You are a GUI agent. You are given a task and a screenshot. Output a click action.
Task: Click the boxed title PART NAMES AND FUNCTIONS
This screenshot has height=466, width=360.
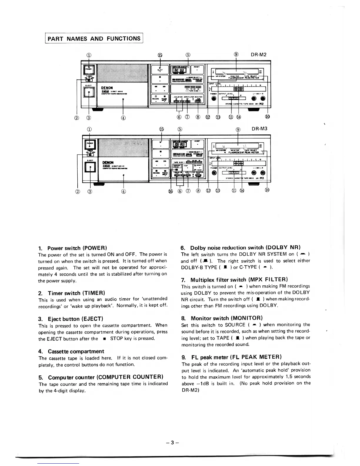point(94,39)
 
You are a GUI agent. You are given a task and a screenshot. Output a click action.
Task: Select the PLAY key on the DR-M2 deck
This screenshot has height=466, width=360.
point(160,70)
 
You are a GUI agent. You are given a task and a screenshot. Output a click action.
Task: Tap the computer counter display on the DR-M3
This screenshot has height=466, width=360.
point(179,145)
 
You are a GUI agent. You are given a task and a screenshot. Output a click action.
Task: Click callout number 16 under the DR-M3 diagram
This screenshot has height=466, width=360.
point(171,191)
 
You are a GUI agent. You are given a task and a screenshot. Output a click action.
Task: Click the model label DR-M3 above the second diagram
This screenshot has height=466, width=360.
point(260,129)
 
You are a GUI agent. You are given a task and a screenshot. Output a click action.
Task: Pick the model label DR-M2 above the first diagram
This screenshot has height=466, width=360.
point(259,54)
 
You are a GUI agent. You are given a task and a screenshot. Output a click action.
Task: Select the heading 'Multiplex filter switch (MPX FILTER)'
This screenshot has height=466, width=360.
point(239,279)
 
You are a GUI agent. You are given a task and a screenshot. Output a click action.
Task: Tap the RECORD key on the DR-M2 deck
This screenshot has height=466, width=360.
point(156,98)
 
